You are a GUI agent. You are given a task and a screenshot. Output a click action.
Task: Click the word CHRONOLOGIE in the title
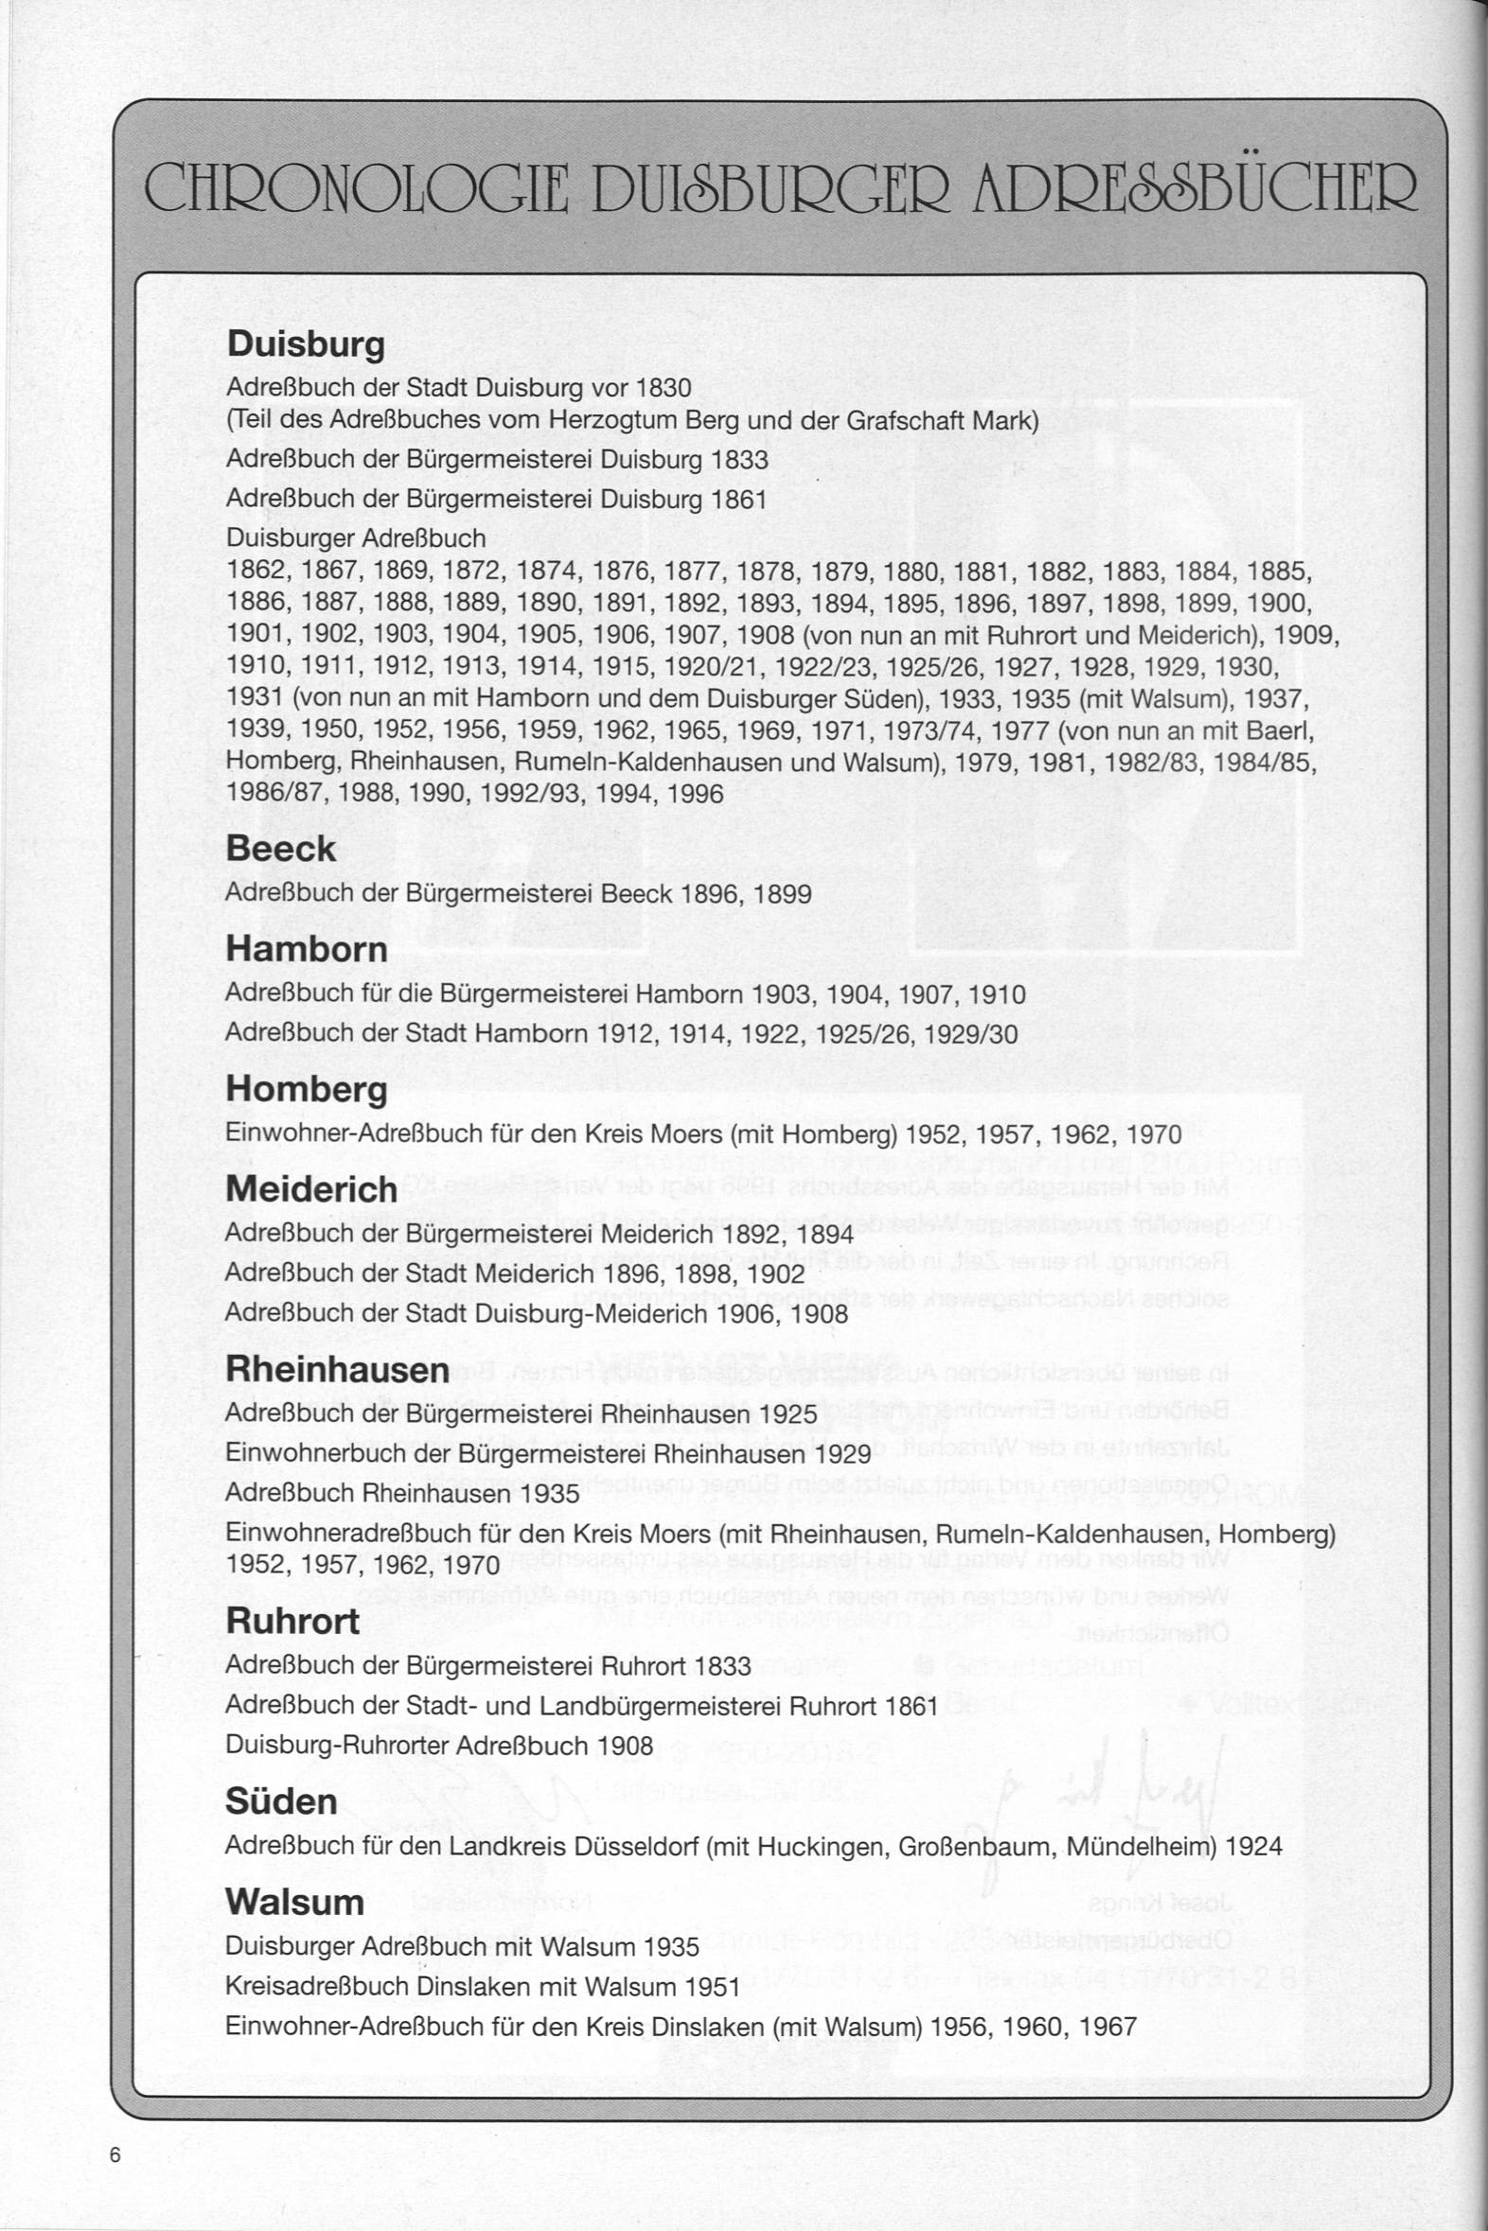coord(356,188)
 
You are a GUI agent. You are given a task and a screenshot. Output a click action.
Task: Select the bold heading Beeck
coord(281,849)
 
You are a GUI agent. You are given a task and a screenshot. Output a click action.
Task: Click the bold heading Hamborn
coord(307,950)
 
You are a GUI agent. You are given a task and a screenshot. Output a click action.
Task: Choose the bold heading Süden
coord(281,1801)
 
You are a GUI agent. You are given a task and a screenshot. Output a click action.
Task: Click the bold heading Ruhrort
coord(292,1621)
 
